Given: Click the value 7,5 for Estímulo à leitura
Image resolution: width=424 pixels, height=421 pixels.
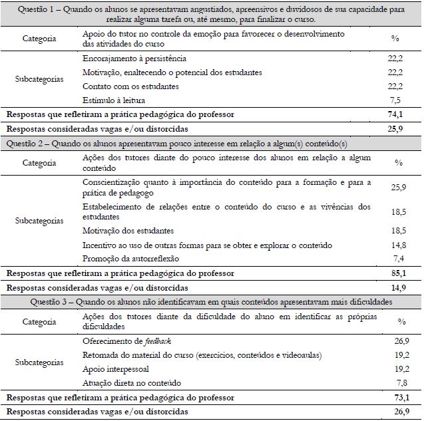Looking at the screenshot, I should [x=395, y=100].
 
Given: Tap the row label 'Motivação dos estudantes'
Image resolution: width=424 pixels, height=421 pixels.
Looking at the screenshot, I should [x=128, y=231].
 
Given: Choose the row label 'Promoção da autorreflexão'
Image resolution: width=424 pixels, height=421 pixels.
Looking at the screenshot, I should [x=131, y=258].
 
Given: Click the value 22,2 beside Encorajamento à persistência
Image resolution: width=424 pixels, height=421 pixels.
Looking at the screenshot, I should [x=395, y=59].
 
